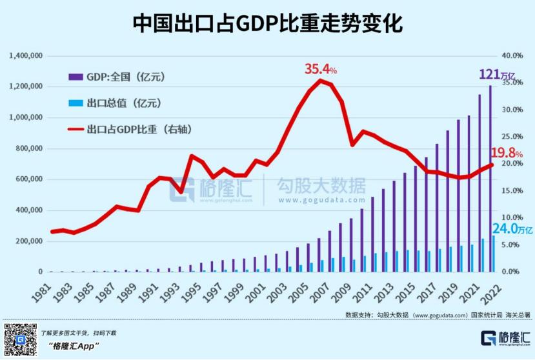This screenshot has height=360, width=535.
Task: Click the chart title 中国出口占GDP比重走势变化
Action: [x=267, y=24]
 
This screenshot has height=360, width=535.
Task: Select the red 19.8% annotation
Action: [x=507, y=154]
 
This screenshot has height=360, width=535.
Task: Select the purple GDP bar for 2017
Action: [x=437, y=213]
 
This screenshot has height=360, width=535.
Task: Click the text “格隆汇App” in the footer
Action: [x=73, y=346]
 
